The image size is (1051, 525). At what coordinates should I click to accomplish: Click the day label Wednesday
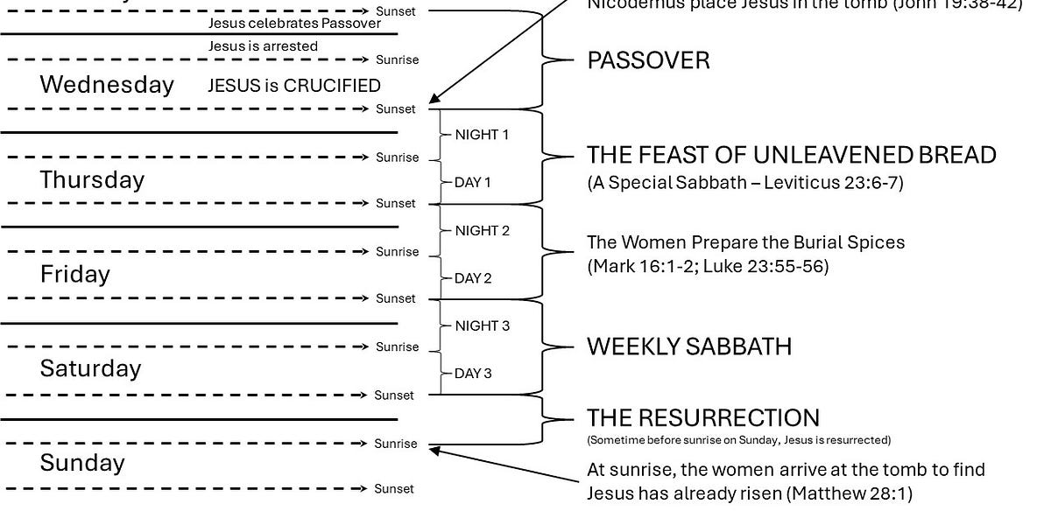[x=107, y=85]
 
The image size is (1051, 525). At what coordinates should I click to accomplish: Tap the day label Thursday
[x=92, y=179]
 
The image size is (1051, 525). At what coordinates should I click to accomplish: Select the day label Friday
[x=75, y=274]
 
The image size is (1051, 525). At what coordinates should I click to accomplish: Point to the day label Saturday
[x=90, y=368]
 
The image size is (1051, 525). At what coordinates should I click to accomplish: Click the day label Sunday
[x=82, y=463]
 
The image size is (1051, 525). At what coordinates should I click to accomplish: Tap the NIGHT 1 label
[x=482, y=135]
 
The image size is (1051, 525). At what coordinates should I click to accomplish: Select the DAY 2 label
[x=473, y=278]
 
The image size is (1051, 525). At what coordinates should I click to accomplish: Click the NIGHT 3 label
[x=482, y=325]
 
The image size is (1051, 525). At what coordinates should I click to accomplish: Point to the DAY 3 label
[x=473, y=374]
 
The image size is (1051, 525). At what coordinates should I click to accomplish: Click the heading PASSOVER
[x=648, y=60]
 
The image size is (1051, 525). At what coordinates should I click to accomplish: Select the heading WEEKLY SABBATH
[x=689, y=346]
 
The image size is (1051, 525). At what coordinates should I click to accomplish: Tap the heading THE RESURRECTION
[x=703, y=417]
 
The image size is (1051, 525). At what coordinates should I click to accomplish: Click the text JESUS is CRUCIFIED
[x=294, y=86]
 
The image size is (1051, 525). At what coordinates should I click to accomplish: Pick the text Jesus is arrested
[x=263, y=45]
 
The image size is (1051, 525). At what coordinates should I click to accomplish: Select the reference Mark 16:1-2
[x=645, y=266]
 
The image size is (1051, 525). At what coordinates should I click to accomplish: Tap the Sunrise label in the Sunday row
[x=396, y=444]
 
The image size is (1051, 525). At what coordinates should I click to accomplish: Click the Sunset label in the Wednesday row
[x=396, y=109]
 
